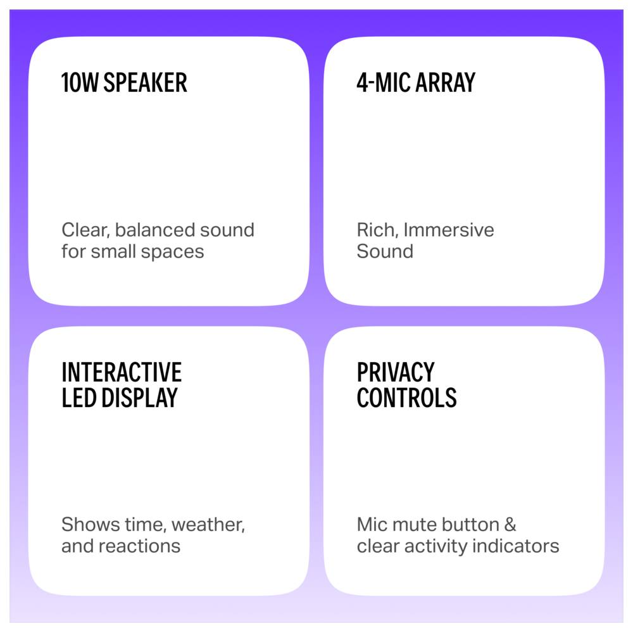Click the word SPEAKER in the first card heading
point(146,83)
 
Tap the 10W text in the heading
point(80,83)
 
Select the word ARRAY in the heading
point(445,83)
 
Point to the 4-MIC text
point(384,83)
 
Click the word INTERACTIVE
point(122,372)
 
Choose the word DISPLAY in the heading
point(139,398)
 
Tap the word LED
point(79,398)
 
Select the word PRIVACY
point(396,372)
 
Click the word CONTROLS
point(406,398)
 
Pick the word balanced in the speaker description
point(155,230)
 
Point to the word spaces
point(172,251)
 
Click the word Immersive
point(449,230)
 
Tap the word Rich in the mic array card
point(377,230)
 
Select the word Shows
point(91,524)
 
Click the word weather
point(208,525)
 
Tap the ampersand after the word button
point(510,524)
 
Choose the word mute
point(414,525)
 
